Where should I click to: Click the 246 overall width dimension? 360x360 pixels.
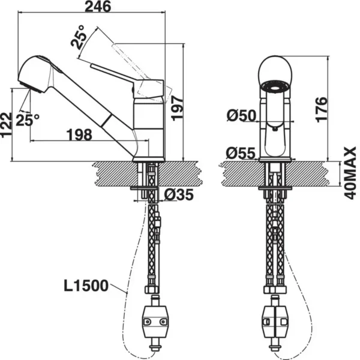click(98, 7)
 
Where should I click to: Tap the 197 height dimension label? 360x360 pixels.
click(178, 109)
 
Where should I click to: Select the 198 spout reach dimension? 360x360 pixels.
click(79, 134)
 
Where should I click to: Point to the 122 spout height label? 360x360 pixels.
click(6, 125)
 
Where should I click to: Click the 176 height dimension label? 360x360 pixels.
click(321, 110)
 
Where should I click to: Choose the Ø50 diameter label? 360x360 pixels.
click(241, 115)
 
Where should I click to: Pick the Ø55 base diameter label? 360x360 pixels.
click(241, 153)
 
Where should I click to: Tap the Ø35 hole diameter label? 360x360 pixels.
click(179, 195)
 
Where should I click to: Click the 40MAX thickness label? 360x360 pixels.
click(350, 173)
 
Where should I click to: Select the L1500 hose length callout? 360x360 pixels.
click(86, 286)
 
